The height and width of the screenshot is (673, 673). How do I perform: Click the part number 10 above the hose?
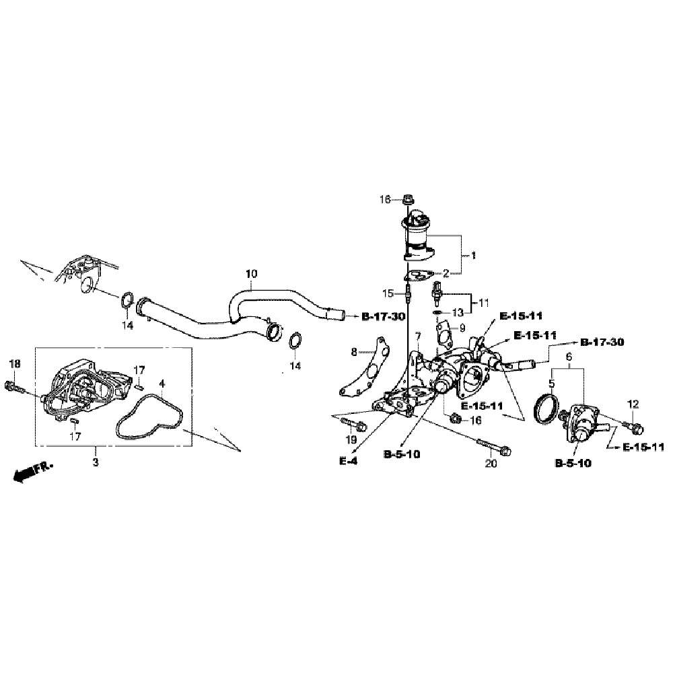(251, 274)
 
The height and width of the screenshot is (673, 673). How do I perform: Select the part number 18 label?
(14, 364)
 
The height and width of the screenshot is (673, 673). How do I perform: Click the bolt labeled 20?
(493, 447)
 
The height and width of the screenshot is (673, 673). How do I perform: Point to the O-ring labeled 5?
(545, 409)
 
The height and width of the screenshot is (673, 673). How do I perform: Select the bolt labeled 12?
(634, 426)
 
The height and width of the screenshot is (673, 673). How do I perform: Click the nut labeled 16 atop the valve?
(408, 199)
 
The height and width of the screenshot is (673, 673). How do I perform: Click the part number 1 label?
(473, 256)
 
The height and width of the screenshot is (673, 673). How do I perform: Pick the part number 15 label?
(388, 293)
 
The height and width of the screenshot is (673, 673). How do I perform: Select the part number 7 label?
(418, 336)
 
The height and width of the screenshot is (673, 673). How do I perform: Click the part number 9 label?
(462, 328)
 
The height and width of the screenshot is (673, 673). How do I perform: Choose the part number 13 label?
(458, 312)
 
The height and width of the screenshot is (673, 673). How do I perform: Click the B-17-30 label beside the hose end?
(384, 316)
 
